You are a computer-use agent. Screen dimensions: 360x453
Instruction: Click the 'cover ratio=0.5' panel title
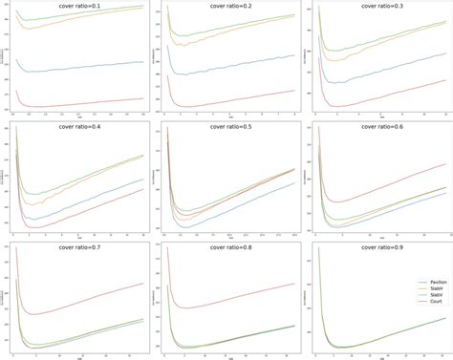tap(228, 124)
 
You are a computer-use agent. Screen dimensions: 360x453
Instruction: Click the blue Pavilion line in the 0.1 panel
tap(86, 67)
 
